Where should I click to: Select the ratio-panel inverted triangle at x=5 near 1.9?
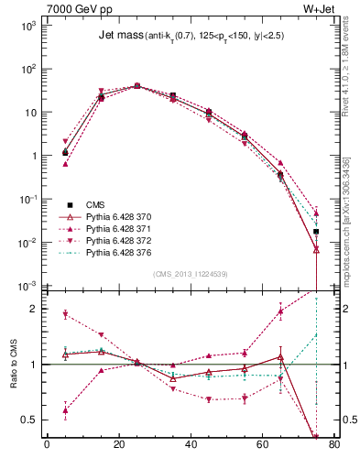pyautogui.click(x=64, y=314)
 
